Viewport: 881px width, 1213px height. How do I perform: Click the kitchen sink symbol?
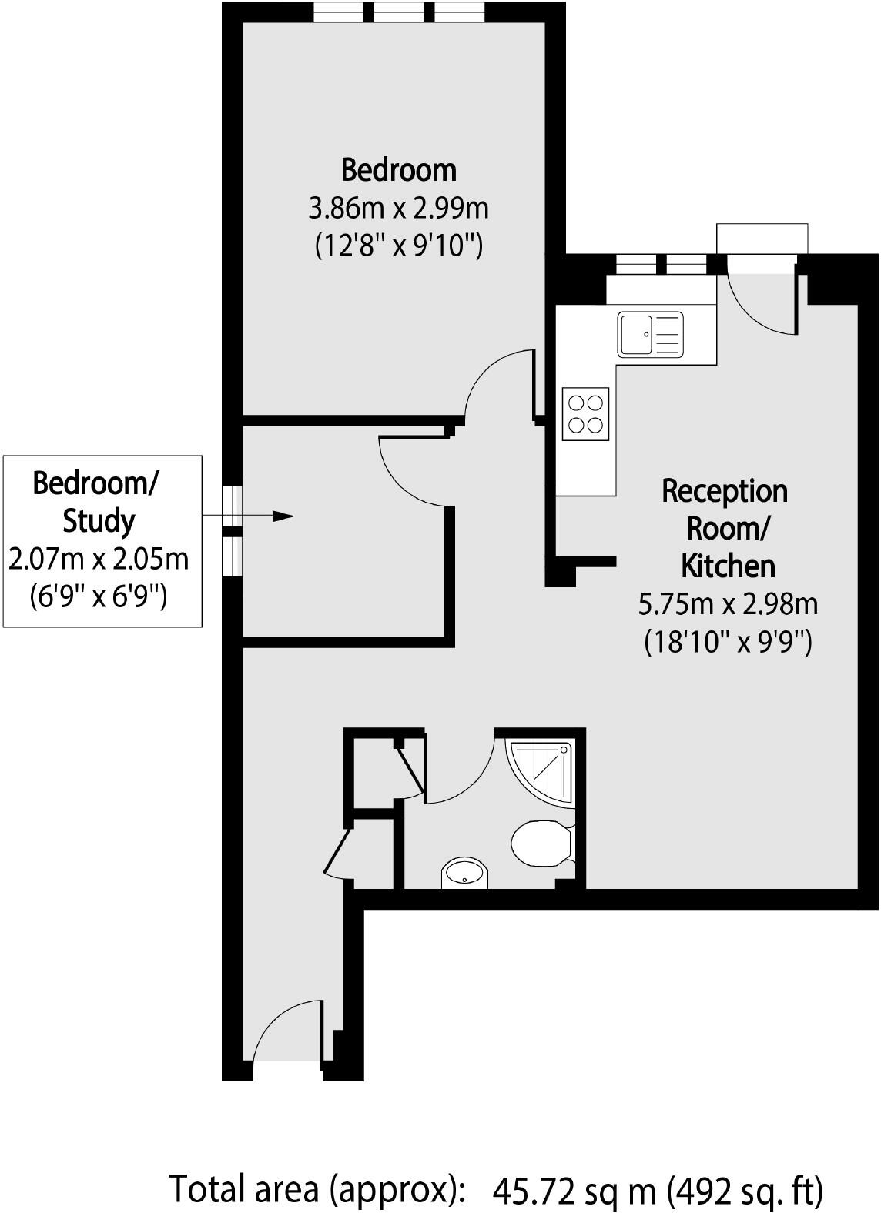click(x=650, y=334)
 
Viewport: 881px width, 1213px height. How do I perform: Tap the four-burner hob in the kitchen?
click(x=585, y=414)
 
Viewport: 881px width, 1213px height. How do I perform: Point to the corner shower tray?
click(x=545, y=768)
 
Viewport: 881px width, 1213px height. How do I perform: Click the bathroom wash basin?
click(x=464, y=873)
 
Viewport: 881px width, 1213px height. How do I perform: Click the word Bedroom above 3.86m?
click(x=398, y=169)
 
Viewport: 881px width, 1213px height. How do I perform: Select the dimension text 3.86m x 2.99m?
click(x=398, y=208)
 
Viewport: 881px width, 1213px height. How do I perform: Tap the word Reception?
click(x=725, y=491)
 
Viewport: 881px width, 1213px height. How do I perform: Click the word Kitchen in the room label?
click(x=728, y=566)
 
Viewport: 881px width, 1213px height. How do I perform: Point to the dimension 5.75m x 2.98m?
click(x=728, y=604)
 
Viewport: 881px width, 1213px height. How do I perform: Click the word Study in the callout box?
click(x=99, y=521)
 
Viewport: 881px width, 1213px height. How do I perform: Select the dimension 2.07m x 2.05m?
click(x=99, y=558)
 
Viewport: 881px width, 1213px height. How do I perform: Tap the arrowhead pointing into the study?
click(x=284, y=516)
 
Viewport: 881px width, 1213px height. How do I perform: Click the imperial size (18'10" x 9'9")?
click(x=728, y=641)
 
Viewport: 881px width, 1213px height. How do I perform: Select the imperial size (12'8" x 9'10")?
click(x=398, y=246)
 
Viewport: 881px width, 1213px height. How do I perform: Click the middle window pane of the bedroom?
click(x=399, y=12)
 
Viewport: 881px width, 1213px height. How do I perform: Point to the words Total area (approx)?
click(x=317, y=1190)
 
